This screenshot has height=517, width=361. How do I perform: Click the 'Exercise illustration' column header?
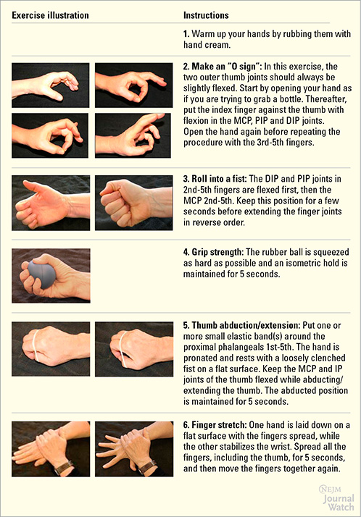click(x=50, y=14)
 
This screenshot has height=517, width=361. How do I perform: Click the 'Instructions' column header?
click(x=207, y=14)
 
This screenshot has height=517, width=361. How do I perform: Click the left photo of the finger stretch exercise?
click(x=51, y=449)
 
